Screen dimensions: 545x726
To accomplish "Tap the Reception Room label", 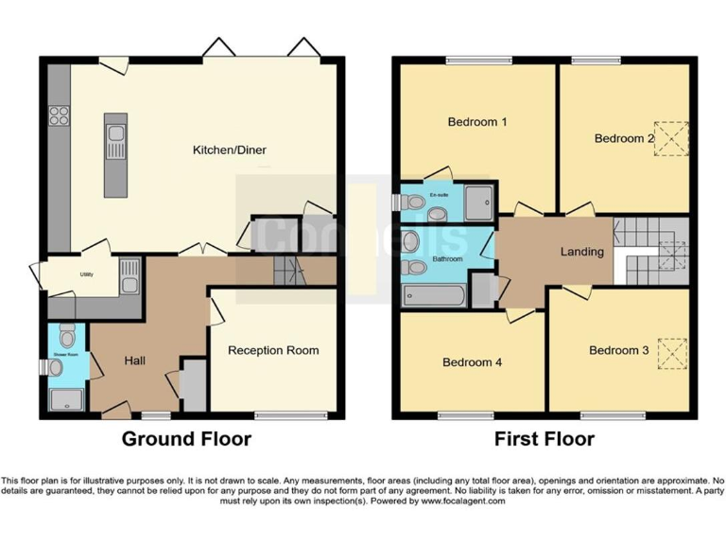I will (x=273, y=350).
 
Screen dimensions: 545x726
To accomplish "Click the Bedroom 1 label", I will (x=477, y=122).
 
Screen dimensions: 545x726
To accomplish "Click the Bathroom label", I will (x=448, y=257).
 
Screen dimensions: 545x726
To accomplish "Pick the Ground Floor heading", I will (x=186, y=439).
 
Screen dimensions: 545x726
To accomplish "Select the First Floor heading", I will (x=544, y=439).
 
